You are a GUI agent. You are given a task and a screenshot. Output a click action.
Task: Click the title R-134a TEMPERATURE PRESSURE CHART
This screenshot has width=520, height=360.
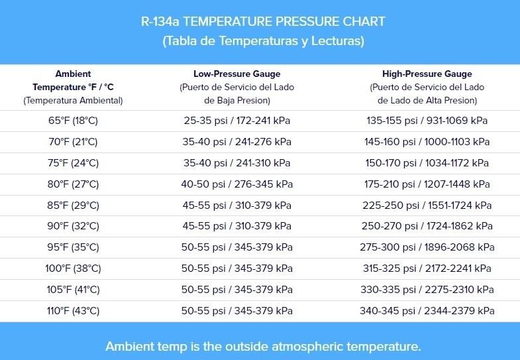click(x=263, y=21)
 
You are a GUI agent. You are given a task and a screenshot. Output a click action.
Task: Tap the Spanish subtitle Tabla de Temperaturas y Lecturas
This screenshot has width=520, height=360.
click(x=263, y=41)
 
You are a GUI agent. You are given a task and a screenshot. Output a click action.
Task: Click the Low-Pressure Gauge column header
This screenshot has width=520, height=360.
click(x=236, y=74)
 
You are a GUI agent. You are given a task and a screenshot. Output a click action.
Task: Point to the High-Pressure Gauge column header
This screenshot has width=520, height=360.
click(x=427, y=74)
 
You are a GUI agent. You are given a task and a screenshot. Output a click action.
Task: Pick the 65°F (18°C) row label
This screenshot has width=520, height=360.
click(x=73, y=121)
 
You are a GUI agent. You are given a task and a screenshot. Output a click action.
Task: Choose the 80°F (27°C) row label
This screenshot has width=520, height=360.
click(x=73, y=184)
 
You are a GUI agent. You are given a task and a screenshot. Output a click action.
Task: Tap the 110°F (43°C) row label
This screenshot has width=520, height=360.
click(x=73, y=311)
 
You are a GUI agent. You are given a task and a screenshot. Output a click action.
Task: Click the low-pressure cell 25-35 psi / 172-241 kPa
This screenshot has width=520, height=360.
click(x=236, y=121)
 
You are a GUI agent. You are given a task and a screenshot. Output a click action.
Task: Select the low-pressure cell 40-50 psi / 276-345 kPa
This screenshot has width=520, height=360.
click(x=236, y=184)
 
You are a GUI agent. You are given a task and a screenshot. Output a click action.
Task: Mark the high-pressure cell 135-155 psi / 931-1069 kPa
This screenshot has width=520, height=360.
click(x=427, y=121)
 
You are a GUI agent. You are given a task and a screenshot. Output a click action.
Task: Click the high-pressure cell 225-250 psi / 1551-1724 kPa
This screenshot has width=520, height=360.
click(x=427, y=206)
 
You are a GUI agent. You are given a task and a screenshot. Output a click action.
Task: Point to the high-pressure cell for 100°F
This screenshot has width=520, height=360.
click(x=427, y=269)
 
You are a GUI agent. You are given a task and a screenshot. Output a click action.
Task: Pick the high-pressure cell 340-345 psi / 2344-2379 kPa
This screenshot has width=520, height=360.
click(x=427, y=311)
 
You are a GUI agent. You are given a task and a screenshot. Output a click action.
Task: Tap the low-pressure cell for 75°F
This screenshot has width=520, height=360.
click(x=236, y=163)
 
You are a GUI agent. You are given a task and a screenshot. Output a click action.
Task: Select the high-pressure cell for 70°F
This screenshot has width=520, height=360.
click(x=427, y=142)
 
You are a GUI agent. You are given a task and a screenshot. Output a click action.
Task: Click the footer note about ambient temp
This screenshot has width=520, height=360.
click(x=263, y=346)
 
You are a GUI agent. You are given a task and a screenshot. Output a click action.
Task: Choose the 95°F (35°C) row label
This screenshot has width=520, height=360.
click(x=73, y=247)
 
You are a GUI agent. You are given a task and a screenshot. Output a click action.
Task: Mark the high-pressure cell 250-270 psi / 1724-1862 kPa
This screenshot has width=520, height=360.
click(x=427, y=226)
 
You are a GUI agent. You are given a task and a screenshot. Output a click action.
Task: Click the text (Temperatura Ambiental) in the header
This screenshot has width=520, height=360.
click(x=73, y=101)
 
